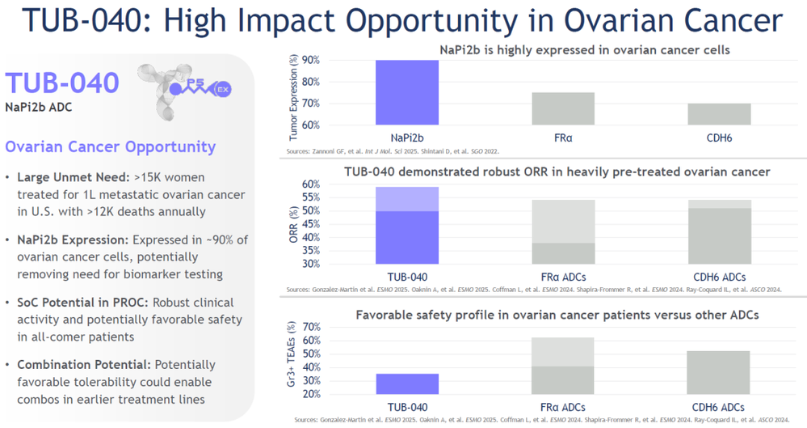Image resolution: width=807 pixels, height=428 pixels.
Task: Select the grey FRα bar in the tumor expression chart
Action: [574, 108]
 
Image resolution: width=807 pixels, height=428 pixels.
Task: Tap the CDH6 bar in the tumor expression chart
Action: [718, 114]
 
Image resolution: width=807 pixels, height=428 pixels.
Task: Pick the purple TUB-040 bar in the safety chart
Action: [407, 384]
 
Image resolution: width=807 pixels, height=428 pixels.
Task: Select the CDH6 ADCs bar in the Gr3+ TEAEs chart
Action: [718, 372]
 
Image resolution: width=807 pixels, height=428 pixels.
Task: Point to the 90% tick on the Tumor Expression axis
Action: [310, 61]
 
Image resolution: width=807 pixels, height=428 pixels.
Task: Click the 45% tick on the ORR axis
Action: [310, 223]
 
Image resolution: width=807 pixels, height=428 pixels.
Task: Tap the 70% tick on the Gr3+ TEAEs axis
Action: [310, 327]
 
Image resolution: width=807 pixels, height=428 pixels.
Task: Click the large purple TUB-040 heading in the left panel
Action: [62, 83]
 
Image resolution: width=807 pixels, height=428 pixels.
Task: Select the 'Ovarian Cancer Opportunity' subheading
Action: [111, 147]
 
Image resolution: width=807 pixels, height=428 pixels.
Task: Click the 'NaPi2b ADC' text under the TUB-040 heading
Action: [39, 106]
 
